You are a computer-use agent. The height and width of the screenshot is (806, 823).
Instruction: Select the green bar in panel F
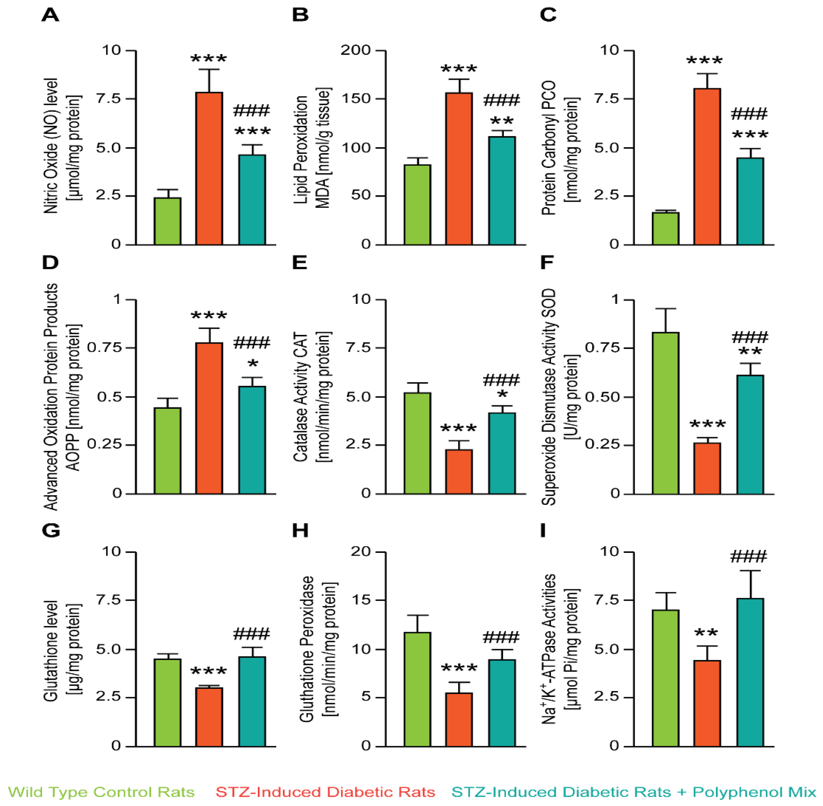point(665,413)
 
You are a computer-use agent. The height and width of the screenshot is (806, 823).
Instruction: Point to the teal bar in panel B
point(502,190)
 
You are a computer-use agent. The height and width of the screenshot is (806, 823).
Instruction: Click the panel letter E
point(299,263)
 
